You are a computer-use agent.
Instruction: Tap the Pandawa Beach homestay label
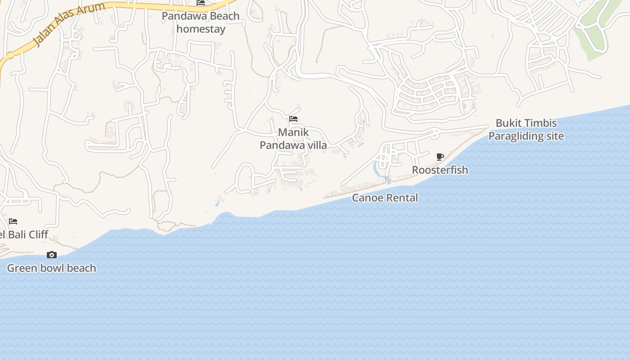201,22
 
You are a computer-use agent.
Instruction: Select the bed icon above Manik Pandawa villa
293,119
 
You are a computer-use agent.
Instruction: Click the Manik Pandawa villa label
293,139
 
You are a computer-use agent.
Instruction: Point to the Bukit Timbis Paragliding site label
526,130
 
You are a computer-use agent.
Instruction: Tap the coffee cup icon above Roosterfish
440,157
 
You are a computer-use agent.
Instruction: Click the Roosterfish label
440,170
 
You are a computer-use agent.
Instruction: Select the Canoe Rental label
385,198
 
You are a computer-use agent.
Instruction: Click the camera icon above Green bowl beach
52,255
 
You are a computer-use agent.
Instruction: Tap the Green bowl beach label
52,268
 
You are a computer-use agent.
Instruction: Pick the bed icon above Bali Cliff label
13,221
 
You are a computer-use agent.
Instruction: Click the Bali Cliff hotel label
24,234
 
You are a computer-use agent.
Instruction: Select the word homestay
201,29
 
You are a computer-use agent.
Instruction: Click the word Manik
293,132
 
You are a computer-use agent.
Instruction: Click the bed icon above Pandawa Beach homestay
201,3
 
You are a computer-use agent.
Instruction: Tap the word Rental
402,198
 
